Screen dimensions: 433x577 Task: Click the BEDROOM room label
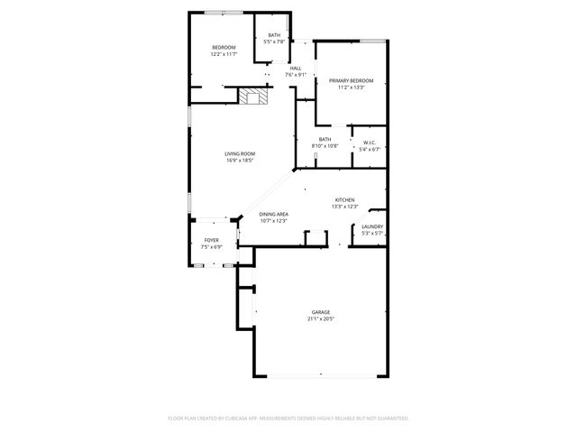[x=224, y=47]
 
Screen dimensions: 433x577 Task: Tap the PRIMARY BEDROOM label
[x=350, y=81]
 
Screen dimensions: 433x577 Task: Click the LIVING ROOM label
[x=240, y=154]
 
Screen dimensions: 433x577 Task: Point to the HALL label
[x=295, y=69]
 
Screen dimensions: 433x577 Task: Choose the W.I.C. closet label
[x=370, y=143]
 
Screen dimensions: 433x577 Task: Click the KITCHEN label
[x=344, y=200]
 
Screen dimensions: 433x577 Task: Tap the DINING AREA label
[x=273, y=214]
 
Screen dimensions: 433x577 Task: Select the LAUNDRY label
[x=372, y=226]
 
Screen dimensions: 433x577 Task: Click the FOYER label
[x=211, y=240]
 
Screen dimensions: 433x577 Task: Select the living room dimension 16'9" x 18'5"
[x=240, y=161]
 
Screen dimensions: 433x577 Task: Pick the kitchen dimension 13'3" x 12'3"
[x=344, y=207]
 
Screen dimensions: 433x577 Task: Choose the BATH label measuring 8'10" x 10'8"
[x=325, y=139]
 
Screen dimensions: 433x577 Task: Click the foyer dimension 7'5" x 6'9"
[x=211, y=246]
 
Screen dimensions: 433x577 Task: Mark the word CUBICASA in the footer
[x=232, y=418]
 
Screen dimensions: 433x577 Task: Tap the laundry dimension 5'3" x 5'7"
[x=372, y=233]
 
